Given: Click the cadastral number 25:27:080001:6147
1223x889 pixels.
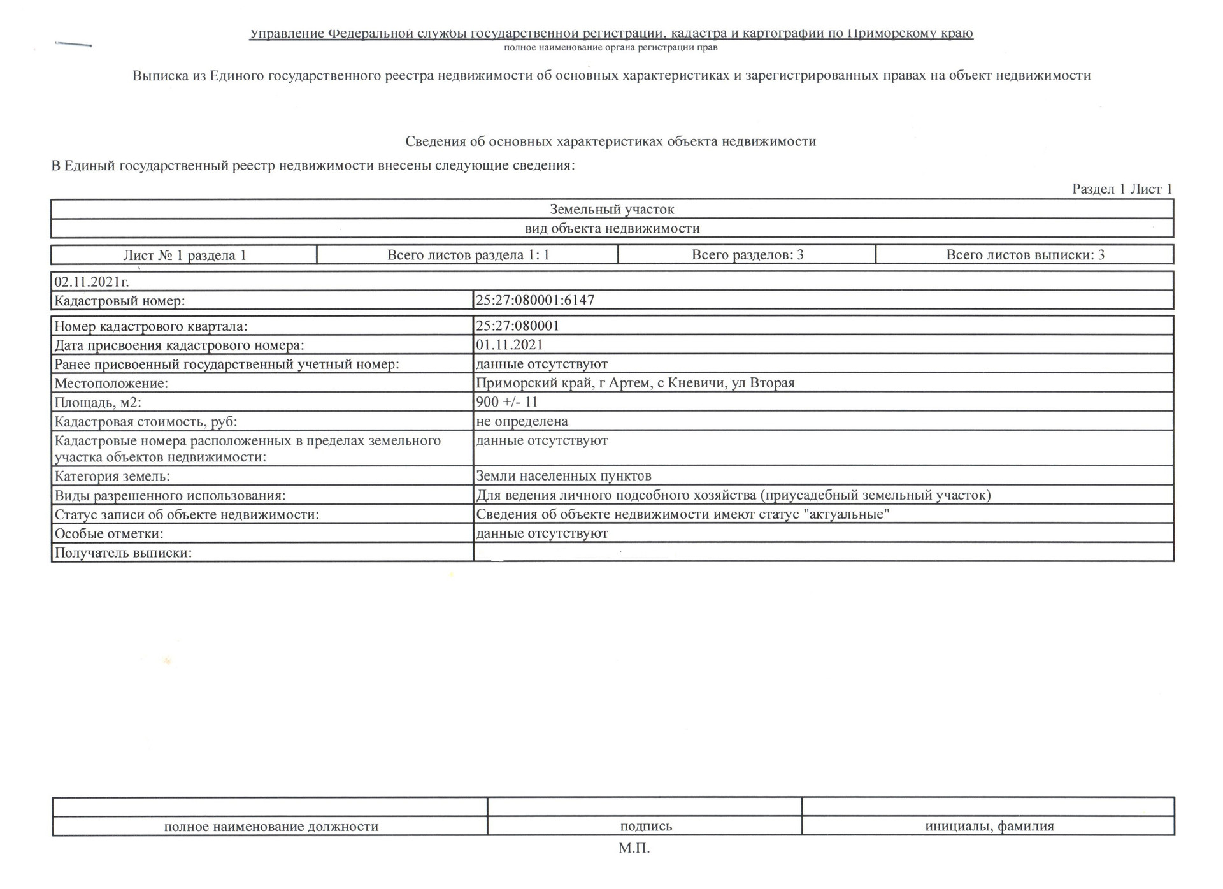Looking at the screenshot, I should click(535, 300).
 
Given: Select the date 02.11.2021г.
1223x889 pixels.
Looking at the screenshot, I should click(92, 282).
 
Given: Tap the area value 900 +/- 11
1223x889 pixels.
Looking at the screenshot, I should click(507, 402).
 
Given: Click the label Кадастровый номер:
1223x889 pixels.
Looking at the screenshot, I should click(120, 301).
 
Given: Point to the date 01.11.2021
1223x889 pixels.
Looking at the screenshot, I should click(510, 345).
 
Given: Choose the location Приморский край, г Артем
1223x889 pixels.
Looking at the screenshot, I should click(635, 383).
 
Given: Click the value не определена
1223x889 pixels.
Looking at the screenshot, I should click(522, 421).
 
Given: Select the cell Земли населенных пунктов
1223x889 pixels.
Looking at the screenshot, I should click(564, 476).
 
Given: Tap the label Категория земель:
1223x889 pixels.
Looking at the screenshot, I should click(112, 477).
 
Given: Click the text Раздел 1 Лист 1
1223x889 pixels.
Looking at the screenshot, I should click(1122, 189).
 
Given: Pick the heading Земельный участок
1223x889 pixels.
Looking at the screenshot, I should click(611, 209).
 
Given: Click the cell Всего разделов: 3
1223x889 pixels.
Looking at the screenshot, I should click(747, 255).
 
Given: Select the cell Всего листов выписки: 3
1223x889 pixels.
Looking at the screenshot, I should click(1025, 255).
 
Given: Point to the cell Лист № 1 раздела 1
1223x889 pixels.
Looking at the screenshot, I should click(185, 256).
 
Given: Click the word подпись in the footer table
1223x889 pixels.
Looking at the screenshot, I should click(646, 827).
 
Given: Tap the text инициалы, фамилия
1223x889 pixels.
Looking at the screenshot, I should click(989, 827).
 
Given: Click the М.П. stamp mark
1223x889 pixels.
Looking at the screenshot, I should click(634, 848).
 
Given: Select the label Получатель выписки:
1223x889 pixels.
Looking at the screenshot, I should click(123, 553).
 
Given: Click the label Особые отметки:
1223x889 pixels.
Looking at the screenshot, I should click(109, 534).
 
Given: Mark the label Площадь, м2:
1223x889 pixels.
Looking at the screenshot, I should click(98, 403).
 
